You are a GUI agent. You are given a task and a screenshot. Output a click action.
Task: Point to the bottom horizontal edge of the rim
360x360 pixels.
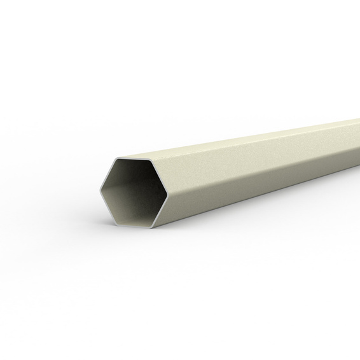pyautogui.click(x=135, y=224)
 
